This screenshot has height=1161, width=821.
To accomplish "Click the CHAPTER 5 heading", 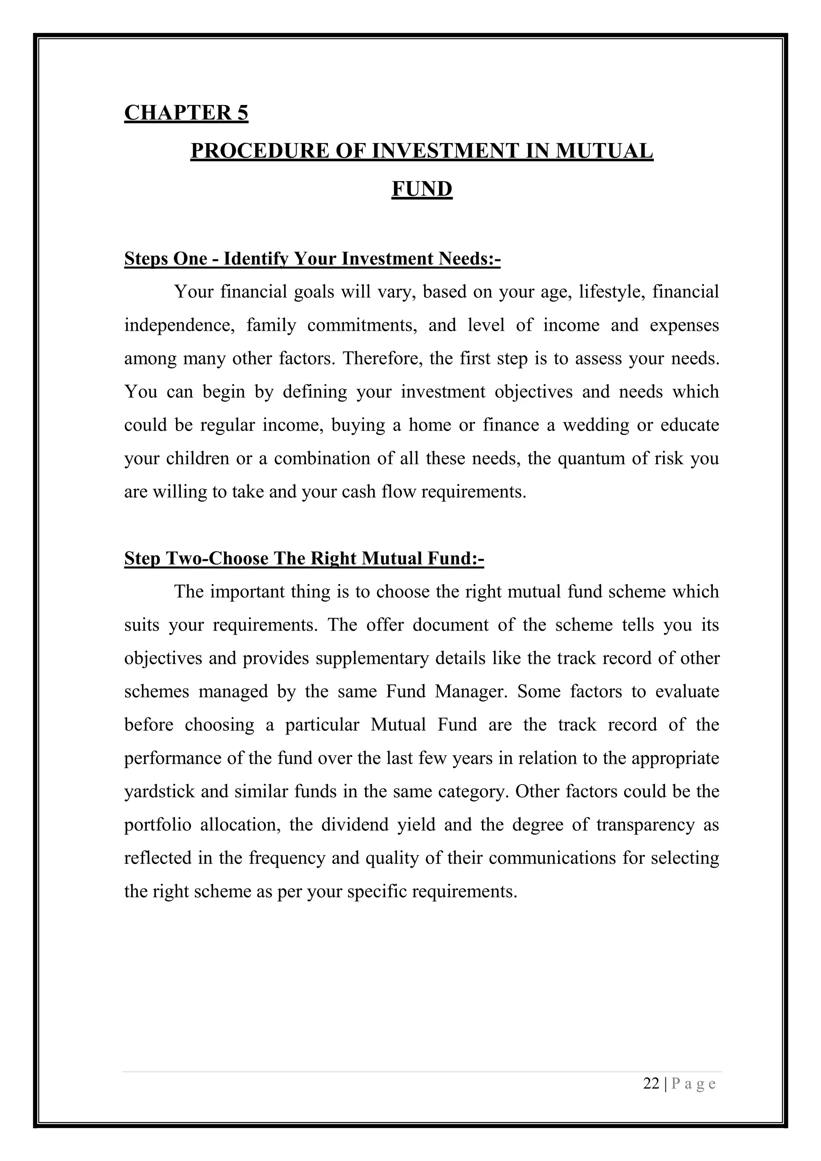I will click(186, 112).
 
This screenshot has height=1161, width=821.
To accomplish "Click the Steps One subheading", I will click(312, 259).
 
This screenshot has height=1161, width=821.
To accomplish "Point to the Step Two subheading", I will click(304, 558).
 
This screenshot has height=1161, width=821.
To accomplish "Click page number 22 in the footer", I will click(651, 1084).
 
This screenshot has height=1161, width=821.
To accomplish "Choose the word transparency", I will click(645, 825).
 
